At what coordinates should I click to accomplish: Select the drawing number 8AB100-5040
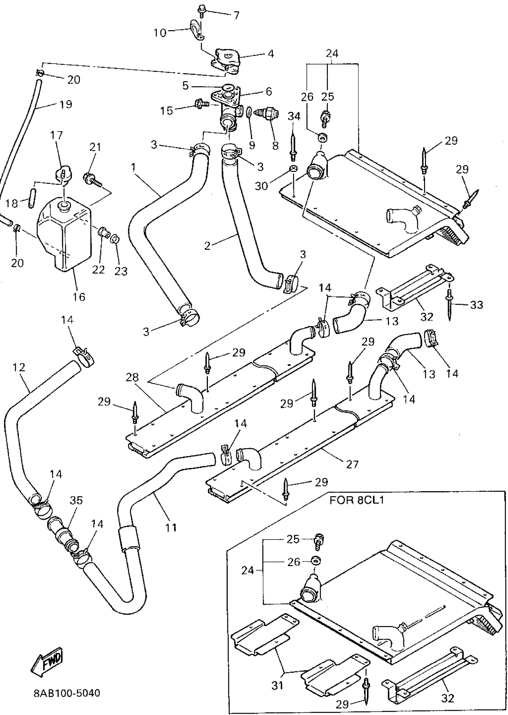click(67, 693)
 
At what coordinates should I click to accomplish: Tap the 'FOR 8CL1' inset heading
click(356, 500)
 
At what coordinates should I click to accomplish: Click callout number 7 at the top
click(236, 15)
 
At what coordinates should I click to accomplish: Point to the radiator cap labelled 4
click(227, 61)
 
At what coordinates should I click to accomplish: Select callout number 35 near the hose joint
click(76, 501)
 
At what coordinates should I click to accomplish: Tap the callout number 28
click(132, 377)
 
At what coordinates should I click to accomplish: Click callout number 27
click(352, 464)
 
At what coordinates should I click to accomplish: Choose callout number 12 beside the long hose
click(19, 367)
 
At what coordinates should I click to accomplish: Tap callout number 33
click(476, 304)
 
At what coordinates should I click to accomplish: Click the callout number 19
click(66, 104)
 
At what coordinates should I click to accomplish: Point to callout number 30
click(261, 186)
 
